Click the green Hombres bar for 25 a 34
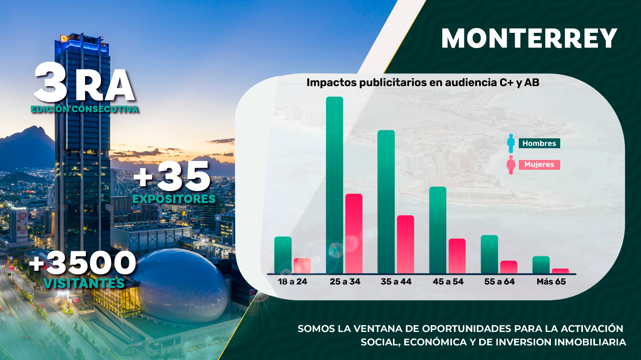(x=335, y=185)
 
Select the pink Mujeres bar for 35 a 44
(x=405, y=245)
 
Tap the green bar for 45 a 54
(x=438, y=230)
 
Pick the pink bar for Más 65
(x=560, y=271)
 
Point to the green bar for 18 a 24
(x=283, y=255)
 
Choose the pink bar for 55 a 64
(x=508, y=267)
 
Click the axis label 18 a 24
(x=292, y=282)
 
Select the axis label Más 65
(x=551, y=282)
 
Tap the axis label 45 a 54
(x=448, y=282)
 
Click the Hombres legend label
(x=539, y=143)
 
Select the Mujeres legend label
(x=539, y=165)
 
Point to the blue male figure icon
(x=511, y=143)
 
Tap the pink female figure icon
(x=511, y=165)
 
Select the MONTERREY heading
(x=529, y=38)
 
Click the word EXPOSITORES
(x=174, y=199)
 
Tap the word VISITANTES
(x=84, y=283)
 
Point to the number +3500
(x=83, y=263)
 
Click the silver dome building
(x=180, y=286)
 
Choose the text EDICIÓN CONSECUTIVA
(x=85, y=109)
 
